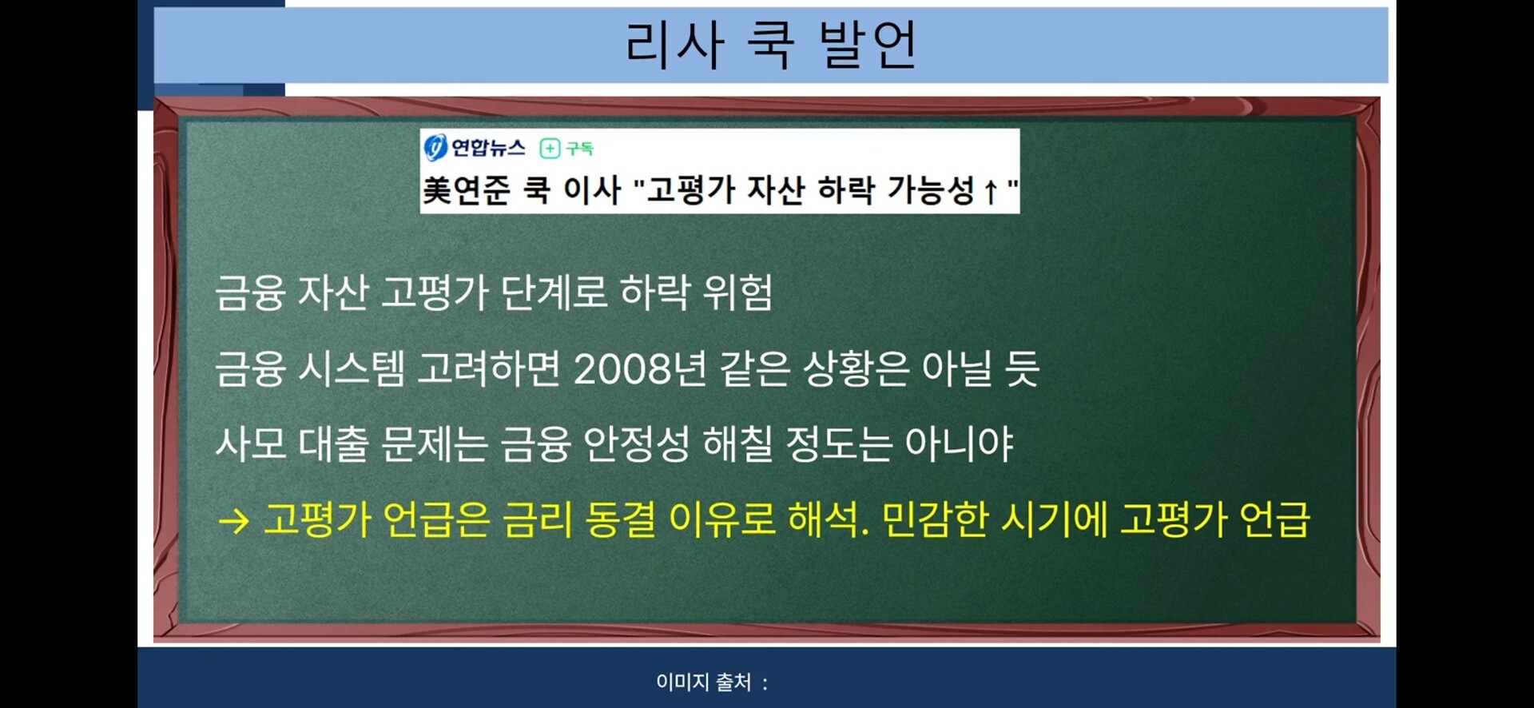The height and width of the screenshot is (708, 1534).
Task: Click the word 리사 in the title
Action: (674, 44)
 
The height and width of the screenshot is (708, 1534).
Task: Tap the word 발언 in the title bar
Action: (868, 44)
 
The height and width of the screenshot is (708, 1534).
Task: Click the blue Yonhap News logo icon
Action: (435, 148)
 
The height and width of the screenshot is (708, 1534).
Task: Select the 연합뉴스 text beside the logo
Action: (488, 148)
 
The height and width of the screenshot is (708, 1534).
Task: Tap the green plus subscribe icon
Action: (550, 148)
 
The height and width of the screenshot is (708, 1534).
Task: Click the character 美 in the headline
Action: (437, 191)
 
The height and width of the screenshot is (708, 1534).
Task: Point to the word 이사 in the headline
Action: (592, 191)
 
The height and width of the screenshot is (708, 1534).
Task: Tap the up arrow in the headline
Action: (991, 192)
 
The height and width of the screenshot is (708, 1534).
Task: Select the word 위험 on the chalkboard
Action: (737, 292)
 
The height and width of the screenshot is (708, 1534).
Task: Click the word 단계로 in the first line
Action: (554, 292)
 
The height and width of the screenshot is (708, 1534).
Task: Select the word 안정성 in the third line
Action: (637, 444)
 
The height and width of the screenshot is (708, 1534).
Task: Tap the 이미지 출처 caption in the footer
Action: (704, 682)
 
